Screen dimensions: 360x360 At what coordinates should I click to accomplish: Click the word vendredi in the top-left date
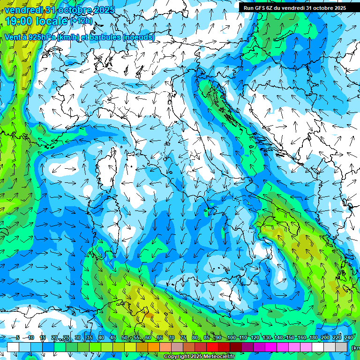pos(23,9)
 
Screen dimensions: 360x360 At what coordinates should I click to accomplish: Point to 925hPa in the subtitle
pos(41,37)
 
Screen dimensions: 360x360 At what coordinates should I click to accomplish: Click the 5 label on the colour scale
pos(18,337)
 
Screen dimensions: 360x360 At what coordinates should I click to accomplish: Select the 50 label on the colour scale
pos(124,337)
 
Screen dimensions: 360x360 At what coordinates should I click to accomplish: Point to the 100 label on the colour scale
pos(231,337)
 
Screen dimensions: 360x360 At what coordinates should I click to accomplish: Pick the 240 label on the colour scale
pos(348,337)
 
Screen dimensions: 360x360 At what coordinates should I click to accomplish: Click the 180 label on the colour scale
pos(313,337)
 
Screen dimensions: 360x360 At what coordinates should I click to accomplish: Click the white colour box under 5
pos(13,347)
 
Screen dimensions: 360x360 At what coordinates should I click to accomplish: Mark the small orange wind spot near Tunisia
pos(147,315)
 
